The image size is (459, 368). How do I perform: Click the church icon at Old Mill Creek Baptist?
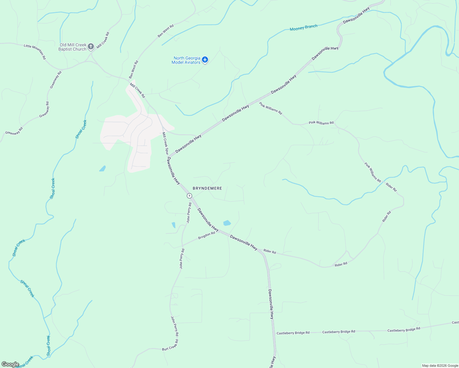coord(91,47)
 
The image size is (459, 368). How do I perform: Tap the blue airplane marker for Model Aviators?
coord(205,59)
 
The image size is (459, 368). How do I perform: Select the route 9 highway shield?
coord(189,196)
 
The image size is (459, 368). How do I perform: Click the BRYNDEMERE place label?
coord(207,188)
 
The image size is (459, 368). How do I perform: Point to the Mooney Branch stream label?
coord(303,28)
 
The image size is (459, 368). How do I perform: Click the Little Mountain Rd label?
coord(35,52)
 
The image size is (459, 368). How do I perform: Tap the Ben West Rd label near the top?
coord(166,31)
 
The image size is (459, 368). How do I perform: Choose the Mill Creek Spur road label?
coord(165,143)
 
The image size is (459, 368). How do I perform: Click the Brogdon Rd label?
coord(206,236)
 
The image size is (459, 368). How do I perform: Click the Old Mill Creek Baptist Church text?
coord(73,47)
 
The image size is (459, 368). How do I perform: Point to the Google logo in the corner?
coord(10,364)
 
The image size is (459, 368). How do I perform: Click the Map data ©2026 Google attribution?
coord(440,366)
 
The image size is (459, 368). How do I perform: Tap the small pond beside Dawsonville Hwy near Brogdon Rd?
coord(227,223)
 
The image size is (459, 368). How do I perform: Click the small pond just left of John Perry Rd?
coord(174,225)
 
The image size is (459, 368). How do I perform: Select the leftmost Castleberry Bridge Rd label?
coord(293,333)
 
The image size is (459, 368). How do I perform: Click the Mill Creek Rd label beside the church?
coord(103,40)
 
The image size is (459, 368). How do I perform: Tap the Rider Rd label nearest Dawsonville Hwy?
coord(270,252)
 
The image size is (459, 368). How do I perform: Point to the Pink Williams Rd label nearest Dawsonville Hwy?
coord(270,109)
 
